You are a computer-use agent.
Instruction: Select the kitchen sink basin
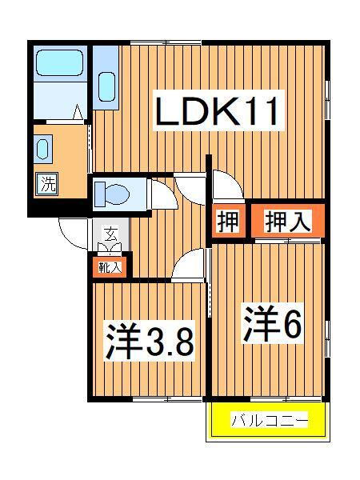105,84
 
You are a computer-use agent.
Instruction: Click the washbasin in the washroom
42,149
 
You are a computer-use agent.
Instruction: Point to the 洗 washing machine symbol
47,184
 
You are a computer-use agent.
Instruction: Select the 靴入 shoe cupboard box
110,267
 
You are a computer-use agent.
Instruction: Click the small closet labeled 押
228,221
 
